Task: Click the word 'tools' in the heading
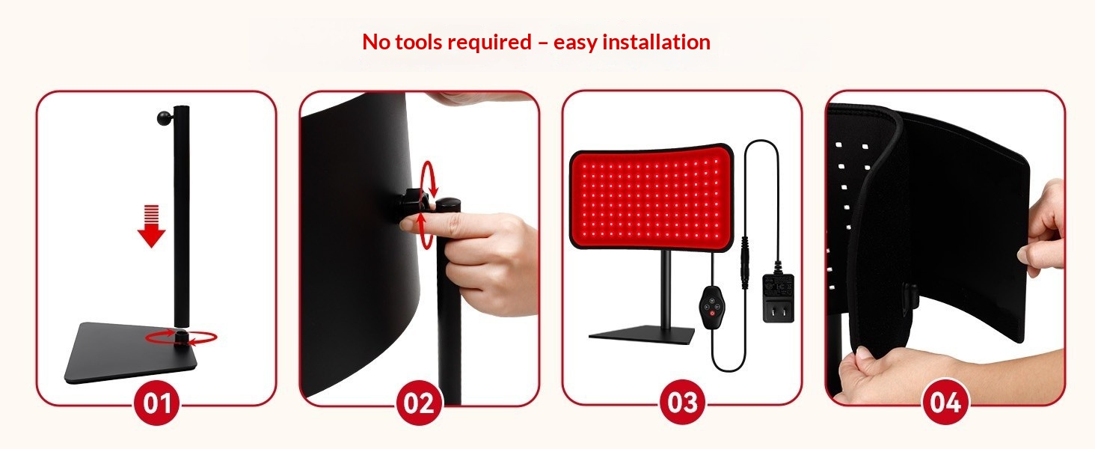coord(418,42)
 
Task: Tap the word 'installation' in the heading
coord(657,42)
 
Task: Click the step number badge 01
coord(157,403)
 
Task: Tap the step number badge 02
coord(419,403)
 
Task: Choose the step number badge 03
coord(682,403)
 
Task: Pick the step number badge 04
coord(945,403)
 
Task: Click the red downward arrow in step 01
coord(152,226)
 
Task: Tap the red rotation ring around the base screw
coord(181,337)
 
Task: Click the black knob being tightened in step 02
coord(411,205)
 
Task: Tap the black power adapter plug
coord(778,297)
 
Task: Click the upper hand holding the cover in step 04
coord(1040,230)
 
